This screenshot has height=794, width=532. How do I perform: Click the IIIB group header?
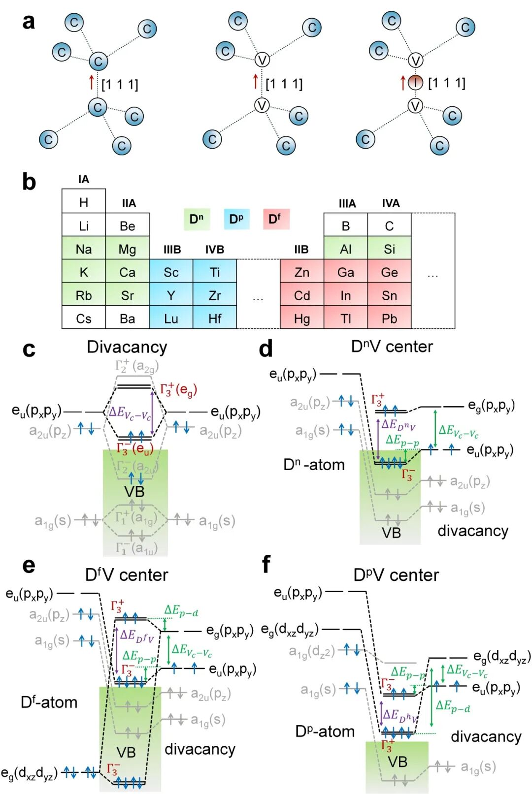pyautogui.click(x=172, y=250)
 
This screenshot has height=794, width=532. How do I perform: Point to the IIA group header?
pyautogui.click(x=129, y=203)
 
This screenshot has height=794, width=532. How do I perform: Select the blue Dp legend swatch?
pyautogui.click(x=236, y=219)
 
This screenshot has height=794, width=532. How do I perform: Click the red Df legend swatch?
pyautogui.click(x=276, y=219)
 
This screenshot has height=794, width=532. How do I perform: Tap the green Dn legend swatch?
pyautogui.click(x=197, y=219)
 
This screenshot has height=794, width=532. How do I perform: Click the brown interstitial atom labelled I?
pyautogui.click(x=415, y=83)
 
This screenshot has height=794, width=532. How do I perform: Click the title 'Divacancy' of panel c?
pyautogui.click(x=127, y=347)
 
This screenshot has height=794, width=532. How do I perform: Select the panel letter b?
pyautogui.click(x=29, y=182)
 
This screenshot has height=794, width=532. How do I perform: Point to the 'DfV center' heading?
pyautogui.click(x=127, y=574)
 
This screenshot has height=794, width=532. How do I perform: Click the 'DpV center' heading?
pyautogui.click(x=396, y=574)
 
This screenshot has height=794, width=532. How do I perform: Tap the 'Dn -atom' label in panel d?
pyautogui.click(x=314, y=464)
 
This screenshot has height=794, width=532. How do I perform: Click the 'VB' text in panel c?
pyautogui.click(x=134, y=491)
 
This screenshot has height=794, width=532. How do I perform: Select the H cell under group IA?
pyautogui.click(x=84, y=202)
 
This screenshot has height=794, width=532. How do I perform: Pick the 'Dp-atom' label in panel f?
pyautogui.click(x=325, y=731)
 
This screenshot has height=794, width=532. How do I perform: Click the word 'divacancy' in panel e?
pyautogui.click(x=200, y=749)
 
